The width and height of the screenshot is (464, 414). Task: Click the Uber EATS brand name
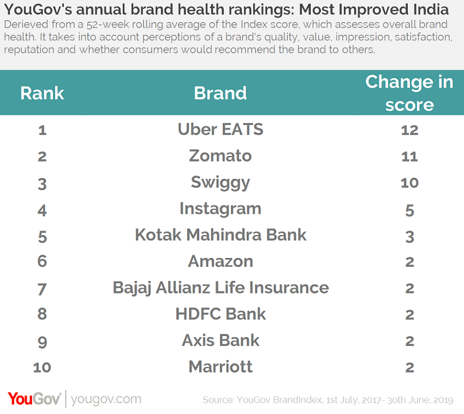coord(221,130)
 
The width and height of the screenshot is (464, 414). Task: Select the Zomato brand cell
coord(221,156)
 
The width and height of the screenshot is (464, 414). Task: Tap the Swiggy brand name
coord(221,183)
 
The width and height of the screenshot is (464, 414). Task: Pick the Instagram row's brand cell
coord(221,209)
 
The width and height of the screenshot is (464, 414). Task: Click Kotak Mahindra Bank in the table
coord(221,235)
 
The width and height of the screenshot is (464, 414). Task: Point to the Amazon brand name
coord(221,261)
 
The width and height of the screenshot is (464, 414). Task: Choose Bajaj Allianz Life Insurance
coord(221,288)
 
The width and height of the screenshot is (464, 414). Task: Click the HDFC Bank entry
coord(221,314)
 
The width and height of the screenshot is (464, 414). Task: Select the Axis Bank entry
coord(221,341)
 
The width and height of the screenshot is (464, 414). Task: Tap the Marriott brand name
coord(221,367)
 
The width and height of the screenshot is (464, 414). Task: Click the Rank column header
coord(42,93)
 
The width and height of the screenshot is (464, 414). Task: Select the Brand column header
coord(221,93)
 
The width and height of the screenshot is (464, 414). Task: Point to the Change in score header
coord(409,93)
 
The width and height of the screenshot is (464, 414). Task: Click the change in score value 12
coord(409,130)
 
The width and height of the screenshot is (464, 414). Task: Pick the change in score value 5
coord(409,210)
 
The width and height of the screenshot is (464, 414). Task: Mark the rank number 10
coord(42,368)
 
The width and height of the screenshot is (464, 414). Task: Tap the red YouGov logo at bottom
coord(34,399)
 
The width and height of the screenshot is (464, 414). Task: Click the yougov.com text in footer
coord(106,399)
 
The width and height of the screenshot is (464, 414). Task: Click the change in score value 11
coord(409,157)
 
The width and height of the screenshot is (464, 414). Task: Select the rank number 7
coord(42,288)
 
